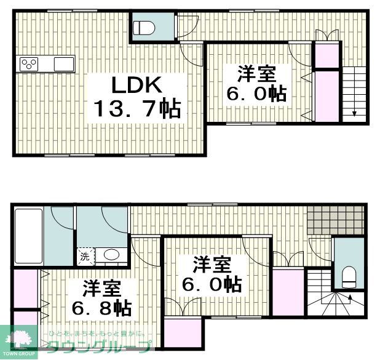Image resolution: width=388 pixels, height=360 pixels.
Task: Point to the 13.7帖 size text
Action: click(137, 110)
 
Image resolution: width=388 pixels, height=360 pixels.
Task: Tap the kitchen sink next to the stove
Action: click(64, 63)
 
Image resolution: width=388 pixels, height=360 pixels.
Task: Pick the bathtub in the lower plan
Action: click(28, 237)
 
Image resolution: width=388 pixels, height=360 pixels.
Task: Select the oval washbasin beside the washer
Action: click(111, 255)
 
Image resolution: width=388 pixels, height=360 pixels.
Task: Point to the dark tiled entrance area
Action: click(336, 218)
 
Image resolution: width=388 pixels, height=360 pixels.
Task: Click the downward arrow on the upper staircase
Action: click(355, 113)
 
